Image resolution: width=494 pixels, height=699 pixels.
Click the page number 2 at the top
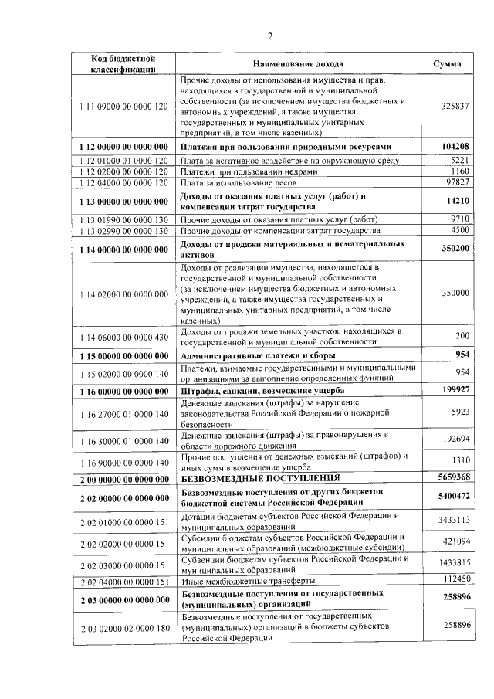[x=270, y=36]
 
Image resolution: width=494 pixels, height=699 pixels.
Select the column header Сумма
[x=448, y=63]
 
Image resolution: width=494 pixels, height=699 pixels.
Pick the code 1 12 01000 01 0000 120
[x=123, y=160]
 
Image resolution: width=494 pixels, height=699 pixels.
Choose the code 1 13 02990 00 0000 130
[x=123, y=230]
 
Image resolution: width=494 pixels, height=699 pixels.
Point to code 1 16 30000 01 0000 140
[x=123, y=440]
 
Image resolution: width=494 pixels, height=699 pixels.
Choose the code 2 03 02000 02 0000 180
[x=123, y=629]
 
